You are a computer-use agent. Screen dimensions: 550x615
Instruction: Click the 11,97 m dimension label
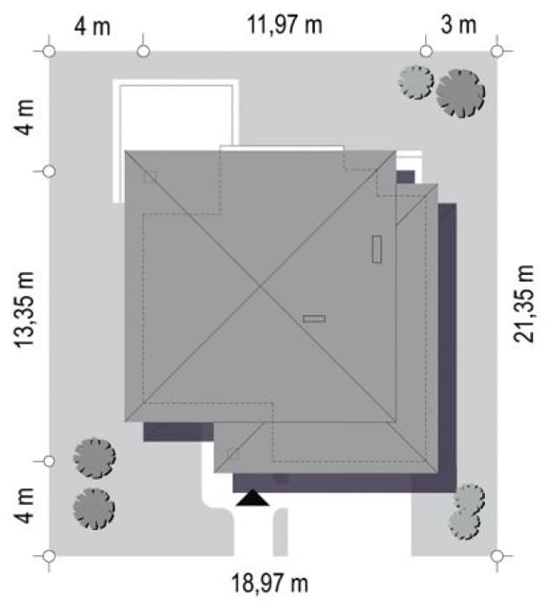285,25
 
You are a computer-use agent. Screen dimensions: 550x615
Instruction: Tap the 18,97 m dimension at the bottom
270,583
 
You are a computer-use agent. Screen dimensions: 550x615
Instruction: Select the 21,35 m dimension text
524,304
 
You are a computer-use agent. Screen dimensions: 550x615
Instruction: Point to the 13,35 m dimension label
24,310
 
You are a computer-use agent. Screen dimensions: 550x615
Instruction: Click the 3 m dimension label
459,24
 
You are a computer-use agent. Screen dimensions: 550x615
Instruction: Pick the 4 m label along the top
93,27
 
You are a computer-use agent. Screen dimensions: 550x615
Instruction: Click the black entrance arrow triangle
252,497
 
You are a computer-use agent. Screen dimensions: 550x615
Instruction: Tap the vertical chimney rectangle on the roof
377,249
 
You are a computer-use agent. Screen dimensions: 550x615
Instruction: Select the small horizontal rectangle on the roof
314,318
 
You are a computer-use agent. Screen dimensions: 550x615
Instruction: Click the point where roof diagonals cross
260,286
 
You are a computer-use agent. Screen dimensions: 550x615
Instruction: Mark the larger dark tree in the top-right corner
460,94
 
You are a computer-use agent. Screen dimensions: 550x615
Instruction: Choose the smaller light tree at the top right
416,82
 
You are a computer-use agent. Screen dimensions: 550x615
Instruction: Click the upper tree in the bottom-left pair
95,458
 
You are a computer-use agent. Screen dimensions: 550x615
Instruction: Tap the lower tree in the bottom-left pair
95,508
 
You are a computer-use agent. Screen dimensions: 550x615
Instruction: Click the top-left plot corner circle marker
49,51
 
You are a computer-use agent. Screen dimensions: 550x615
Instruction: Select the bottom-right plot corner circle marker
497,556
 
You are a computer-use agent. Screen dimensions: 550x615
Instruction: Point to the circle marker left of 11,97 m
144,51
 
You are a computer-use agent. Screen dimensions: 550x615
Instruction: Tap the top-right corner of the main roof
396,151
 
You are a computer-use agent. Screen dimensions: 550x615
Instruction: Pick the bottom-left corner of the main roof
125,422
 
